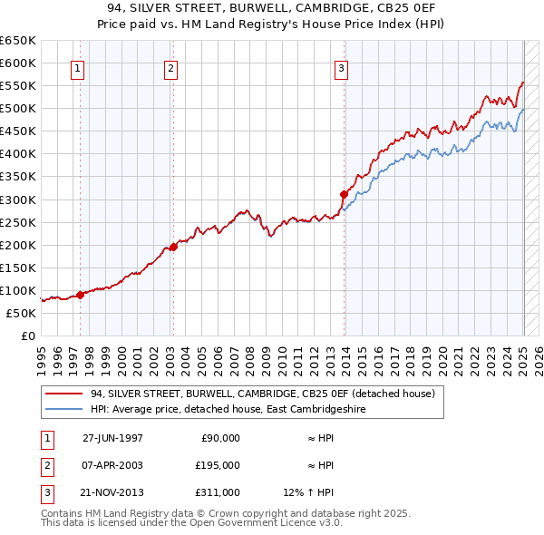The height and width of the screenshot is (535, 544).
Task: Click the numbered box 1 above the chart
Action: coord(77,68)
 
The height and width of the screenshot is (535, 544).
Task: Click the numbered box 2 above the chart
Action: coord(171,68)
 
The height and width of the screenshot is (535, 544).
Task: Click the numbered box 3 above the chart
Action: coord(342,68)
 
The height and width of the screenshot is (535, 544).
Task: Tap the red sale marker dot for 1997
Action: coord(81,294)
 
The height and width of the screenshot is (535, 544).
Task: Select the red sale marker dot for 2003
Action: coord(173,247)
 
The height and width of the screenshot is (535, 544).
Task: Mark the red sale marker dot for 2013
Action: coord(345,193)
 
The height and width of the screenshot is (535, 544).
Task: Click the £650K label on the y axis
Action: coord(18,41)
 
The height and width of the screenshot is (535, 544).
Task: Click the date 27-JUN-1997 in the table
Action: coord(112,437)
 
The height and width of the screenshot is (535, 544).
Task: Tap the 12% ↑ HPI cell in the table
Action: coord(308,492)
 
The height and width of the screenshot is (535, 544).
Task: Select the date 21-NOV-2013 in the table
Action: coord(113,492)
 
